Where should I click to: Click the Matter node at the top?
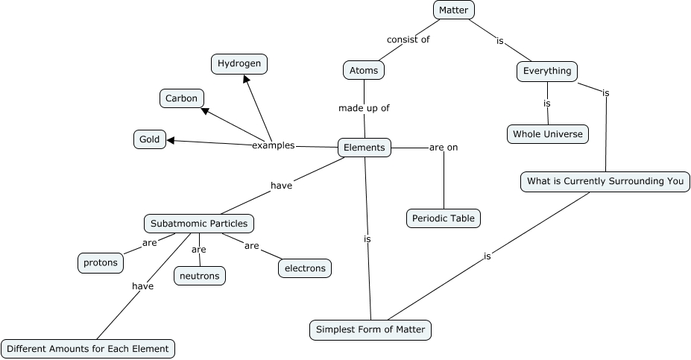pos(453,10)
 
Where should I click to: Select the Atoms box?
pos(364,71)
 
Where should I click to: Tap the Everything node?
pos(547,71)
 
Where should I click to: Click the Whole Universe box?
pos(548,134)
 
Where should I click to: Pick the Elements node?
pos(365,148)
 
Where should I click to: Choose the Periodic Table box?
pos(444,218)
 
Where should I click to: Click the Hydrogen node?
pos(239,64)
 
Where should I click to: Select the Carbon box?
pos(182,98)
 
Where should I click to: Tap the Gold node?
pos(150,139)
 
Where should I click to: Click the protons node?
pos(101,262)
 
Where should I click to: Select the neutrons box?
pos(200,276)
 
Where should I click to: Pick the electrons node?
pos(305,268)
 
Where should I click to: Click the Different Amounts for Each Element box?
pos(89,348)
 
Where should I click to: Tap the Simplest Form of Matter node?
pos(370,329)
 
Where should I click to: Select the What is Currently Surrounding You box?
pos(605,181)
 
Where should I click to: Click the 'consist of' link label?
pos(408,40)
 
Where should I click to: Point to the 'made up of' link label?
pos(364,108)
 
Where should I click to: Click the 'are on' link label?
pos(444,148)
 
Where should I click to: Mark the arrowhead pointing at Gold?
pos(171,140)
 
